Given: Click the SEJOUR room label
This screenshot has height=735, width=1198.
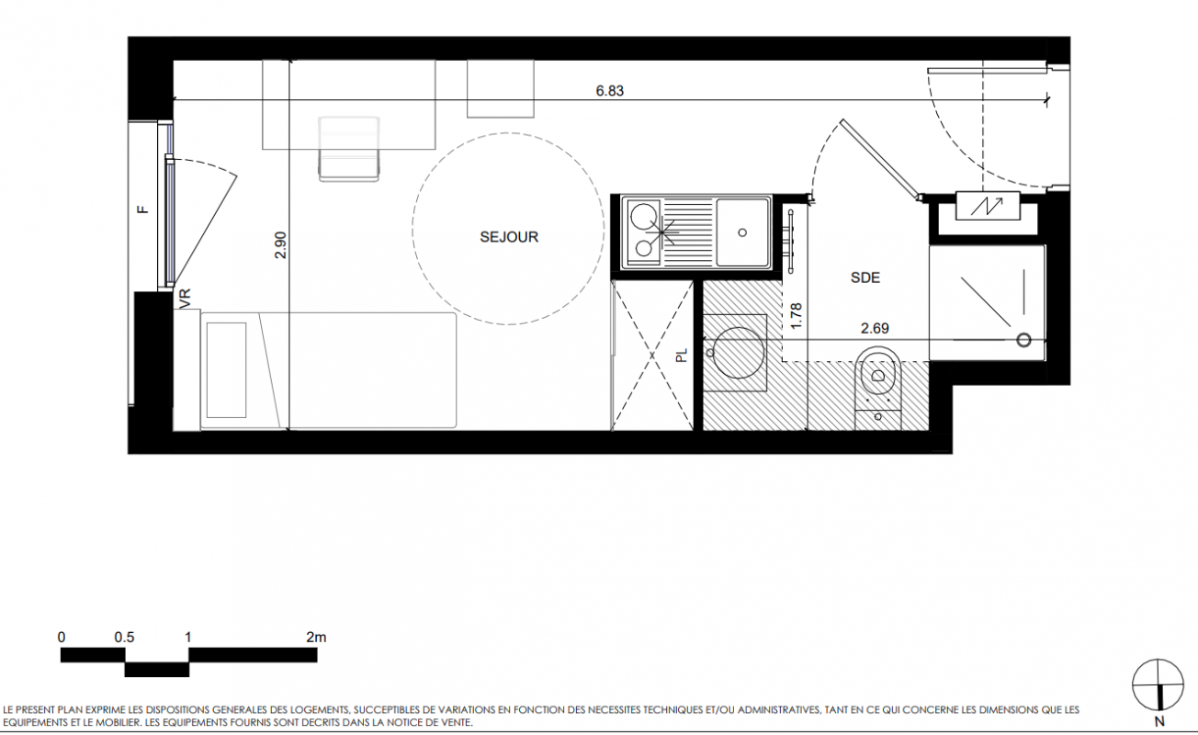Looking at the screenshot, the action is pos(509,237).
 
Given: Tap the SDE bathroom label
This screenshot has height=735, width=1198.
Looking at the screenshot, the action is pos(865,277).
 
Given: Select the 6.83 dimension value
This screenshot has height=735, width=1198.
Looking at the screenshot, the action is pos(610,91).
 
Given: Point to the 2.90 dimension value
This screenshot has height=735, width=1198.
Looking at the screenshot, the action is pos(281,245).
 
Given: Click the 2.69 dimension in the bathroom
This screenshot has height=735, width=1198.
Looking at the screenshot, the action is pos(875,328).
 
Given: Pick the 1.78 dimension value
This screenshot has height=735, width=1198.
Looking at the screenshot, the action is pos(796,316).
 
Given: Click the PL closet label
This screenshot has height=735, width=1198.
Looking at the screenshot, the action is pos(681,356).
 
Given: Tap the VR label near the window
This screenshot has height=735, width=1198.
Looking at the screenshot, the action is pos(185,299).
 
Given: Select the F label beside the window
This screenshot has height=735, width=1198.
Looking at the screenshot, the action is pos(142,209).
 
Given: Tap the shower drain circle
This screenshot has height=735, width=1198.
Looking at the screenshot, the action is pos(1023,340).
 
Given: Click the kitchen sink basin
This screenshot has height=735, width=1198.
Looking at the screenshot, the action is pos(742,232).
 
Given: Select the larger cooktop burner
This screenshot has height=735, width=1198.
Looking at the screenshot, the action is pos(643,217).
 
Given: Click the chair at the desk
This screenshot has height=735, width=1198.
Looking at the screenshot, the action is pos(349,149).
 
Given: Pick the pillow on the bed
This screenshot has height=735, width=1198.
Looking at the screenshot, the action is pos(226,369).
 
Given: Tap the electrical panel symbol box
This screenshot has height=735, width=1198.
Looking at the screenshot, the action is pos(988,206).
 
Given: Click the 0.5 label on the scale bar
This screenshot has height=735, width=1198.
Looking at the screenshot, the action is pos(124,638).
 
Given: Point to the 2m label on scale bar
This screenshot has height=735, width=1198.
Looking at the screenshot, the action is pos(316,638).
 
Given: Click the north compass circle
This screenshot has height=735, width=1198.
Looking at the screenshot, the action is pos(1158,684).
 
